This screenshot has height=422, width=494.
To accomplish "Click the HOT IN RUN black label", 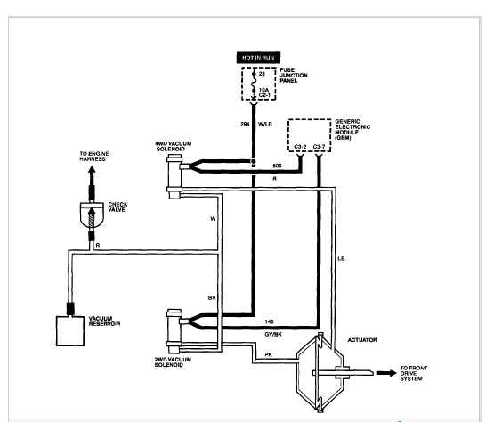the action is click(258, 58).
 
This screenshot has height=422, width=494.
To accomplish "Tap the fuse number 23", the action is click(262, 74).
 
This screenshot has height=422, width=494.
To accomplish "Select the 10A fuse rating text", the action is click(263, 90).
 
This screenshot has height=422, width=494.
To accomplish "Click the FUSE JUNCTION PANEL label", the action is click(294, 76).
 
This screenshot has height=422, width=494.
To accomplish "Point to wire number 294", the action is click(245, 124).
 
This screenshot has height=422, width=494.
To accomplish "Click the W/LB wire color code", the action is click(264, 124).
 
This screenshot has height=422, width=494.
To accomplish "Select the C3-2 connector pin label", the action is click(300, 147).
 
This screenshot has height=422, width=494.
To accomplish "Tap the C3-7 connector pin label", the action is click(319, 147).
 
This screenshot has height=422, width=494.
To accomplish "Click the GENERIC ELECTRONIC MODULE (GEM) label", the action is click(352, 129).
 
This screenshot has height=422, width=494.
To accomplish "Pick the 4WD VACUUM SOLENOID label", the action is click(173, 146).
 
